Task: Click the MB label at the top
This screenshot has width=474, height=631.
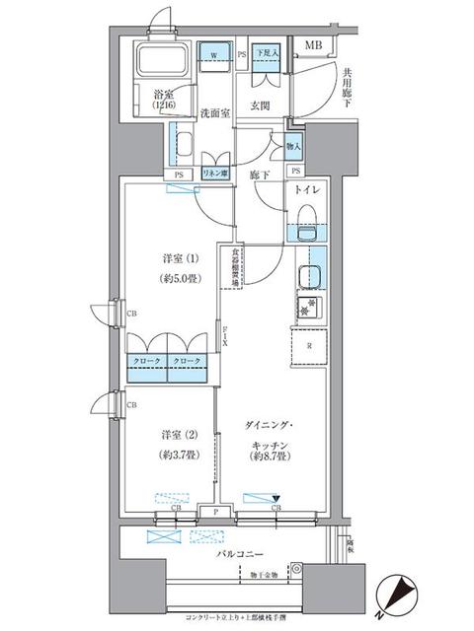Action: [312, 46]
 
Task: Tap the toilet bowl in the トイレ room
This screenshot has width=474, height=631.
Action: [306, 216]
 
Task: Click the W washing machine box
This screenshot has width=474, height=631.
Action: [214, 55]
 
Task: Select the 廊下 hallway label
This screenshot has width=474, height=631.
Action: [260, 174]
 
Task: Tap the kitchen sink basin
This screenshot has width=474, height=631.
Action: [310, 276]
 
